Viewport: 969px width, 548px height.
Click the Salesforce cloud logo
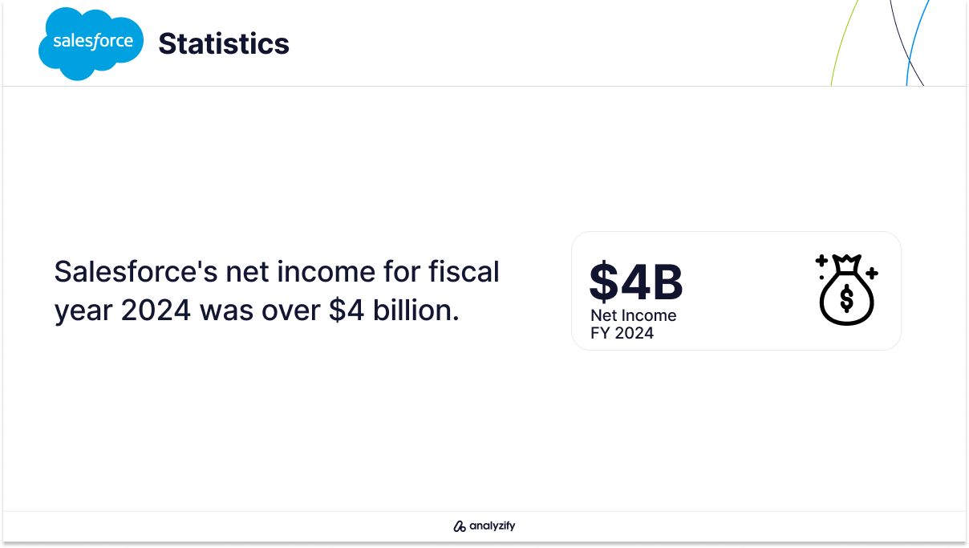91,43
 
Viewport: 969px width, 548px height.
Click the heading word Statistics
224,43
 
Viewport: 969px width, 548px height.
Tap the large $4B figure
636,282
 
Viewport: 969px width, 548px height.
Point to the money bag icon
846,290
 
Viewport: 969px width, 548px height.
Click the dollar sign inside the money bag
846,299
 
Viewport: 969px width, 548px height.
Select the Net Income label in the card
634,315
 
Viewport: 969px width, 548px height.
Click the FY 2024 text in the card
622,333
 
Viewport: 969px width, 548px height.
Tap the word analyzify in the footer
493,526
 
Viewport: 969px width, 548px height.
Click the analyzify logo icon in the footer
459,526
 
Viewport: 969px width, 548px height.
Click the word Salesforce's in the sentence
136,272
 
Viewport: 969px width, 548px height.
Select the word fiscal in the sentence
464,271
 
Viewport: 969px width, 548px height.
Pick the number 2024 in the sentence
156,311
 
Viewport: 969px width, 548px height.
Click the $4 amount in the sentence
346,311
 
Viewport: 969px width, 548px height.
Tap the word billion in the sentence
416,310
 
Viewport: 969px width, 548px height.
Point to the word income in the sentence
326,272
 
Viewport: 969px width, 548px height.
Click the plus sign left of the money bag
821,261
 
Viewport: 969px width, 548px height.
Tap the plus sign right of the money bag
872,273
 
